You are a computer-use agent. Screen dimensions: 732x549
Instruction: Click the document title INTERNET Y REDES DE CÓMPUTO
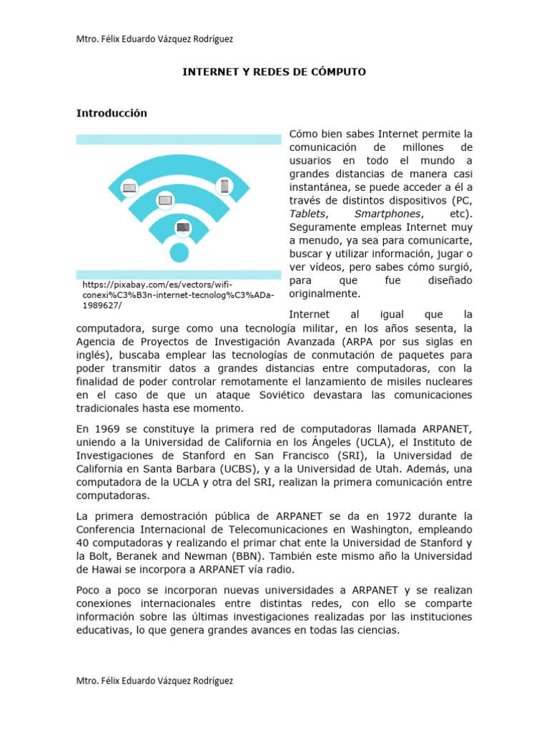click(x=274, y=72)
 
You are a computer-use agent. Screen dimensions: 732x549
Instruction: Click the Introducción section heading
click(x=112, y=113)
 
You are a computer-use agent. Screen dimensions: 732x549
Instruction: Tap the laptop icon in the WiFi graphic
click(x=129, y=188)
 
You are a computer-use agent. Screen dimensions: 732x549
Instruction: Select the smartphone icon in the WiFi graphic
click(x=224, y=186)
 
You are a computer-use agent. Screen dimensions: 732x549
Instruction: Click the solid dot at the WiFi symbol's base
click(x=179, y=252)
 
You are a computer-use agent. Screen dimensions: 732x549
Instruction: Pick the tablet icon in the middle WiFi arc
click(x=165, y=200)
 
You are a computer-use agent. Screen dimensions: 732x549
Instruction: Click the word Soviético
click(x=281, y=395)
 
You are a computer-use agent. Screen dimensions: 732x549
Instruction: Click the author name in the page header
click(x=154, y=38)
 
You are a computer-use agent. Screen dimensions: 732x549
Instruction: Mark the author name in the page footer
click(x=154, y=681)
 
